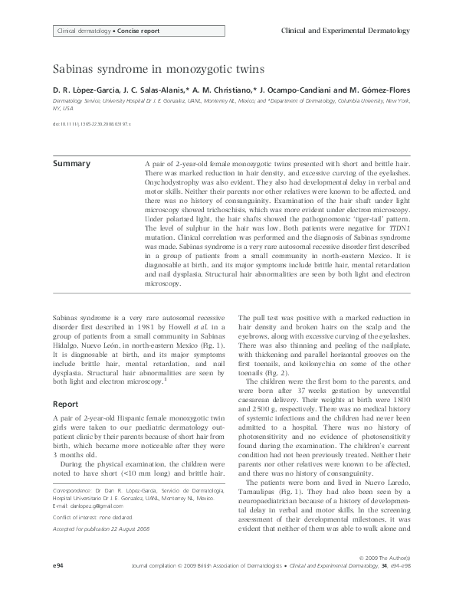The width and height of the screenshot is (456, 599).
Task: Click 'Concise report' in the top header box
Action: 138,31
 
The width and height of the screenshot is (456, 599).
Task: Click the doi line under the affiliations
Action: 92,122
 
